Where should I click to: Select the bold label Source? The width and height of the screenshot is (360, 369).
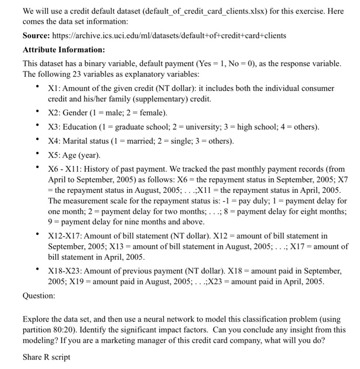[x=38, y=35]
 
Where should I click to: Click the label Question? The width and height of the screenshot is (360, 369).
[x=38, y=296]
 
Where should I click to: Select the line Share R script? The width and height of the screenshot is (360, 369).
[x=46, y=357]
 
